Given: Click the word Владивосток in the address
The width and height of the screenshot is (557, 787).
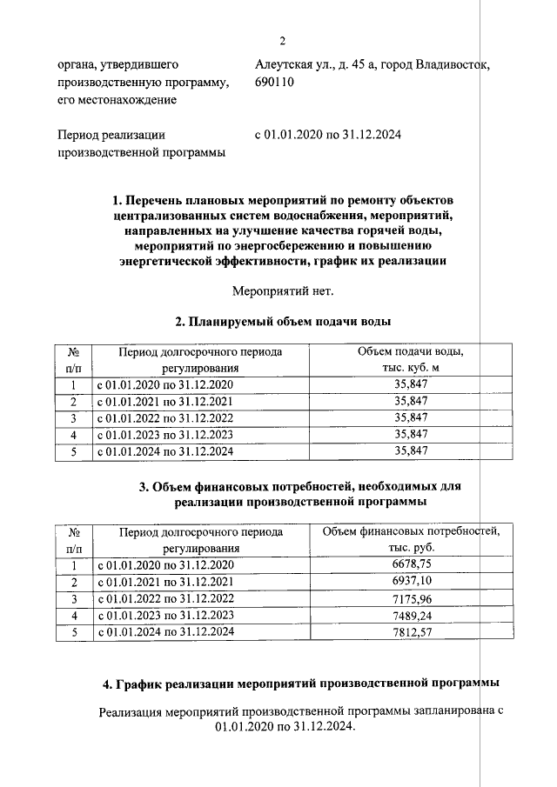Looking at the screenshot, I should tap(441, 64).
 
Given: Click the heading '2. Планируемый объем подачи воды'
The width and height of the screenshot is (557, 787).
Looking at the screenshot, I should tap(283, 322).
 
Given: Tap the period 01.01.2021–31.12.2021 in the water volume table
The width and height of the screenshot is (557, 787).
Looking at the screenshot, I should tap(164, 402).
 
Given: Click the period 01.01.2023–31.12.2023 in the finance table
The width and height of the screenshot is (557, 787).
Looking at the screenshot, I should tap(164, 616).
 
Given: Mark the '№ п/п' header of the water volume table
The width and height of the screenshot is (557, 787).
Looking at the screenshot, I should tap(74, 359).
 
